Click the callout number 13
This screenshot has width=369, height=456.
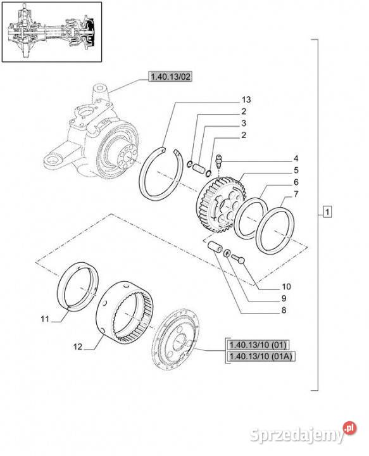[x=246, y=99]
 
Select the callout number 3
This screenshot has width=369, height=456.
[x=244, y=123]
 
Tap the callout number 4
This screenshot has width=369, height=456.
[x=296, y=158]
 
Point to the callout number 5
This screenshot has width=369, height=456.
[x=296, y=170]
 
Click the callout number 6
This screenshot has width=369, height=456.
[x=296, y=182]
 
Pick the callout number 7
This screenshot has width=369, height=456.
[x=296, y=194]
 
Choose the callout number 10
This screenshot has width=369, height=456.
[x=286, y=286]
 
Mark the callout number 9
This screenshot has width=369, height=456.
[x=284, y=298]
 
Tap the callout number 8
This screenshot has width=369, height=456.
[x=284, y=310]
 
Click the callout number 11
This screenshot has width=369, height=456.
[x=45, y=319]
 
